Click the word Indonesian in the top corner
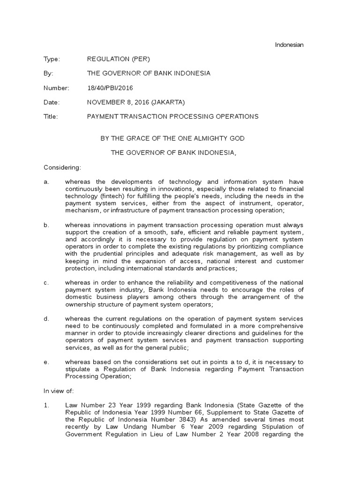(x=289, y=45)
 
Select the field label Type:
(x=52, y=59)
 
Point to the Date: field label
(x=52, y=102)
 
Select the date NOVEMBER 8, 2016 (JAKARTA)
(x=136, y=102)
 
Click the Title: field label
(x=51, y=117)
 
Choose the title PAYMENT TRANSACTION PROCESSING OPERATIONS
(x=172, y=117)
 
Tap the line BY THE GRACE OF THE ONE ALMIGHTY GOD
(x=173, y=138)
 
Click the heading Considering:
(x=62, y=167)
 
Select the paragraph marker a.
(x=46, y=182)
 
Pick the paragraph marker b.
(x=46, y=225)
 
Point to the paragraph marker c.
(x=46, y=282)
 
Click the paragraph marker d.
(x=46, y=319)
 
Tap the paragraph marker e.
(x=46, y=362)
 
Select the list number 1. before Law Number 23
(x=46, y=405)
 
